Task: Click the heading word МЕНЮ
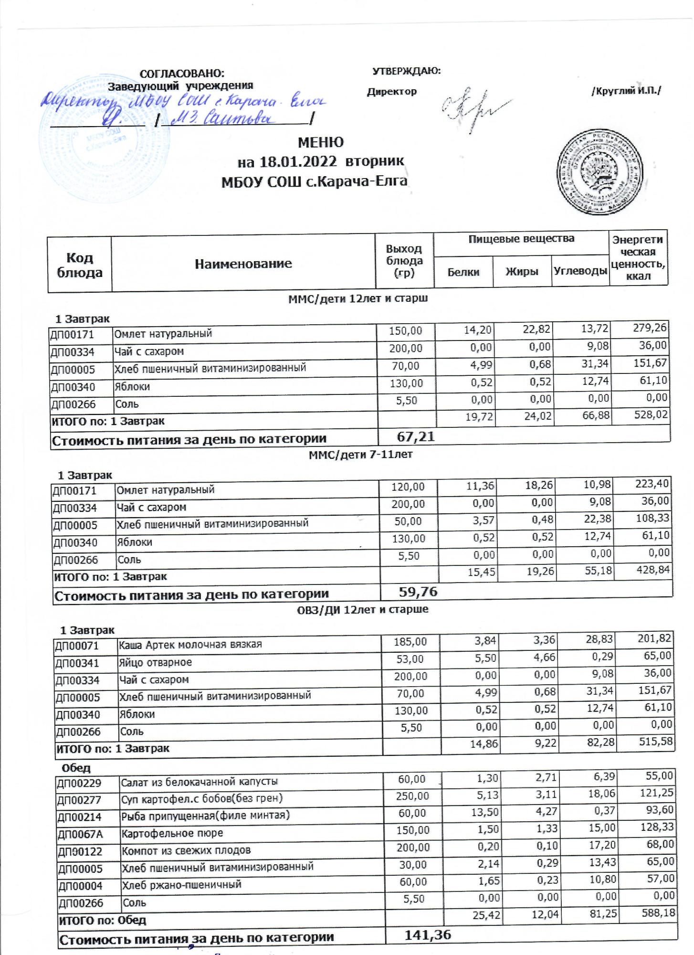[x=320, y=142]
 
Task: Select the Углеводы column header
[x=580, y=271]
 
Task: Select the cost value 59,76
[x=418, y=593]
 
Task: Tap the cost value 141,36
[x=428, y=935]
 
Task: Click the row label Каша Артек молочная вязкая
[x=190, y=645]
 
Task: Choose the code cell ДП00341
[x=77, y=663]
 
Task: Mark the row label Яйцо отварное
[x=156, y=662]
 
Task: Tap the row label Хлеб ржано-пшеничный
[x=181, y=884]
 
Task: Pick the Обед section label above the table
[x=76, y=768]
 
